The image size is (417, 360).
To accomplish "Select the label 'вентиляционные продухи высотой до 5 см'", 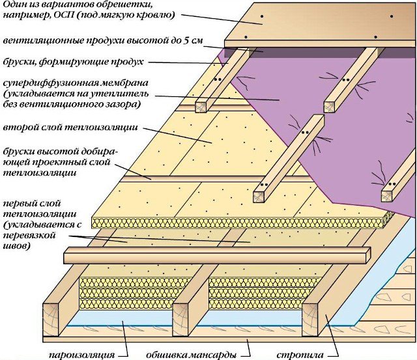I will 101,40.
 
